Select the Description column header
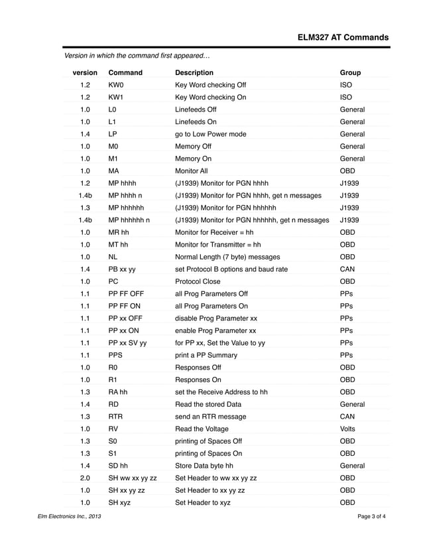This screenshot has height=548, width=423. pyautogui.click(x=194, y=72)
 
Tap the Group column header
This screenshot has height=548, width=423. pyautogui.click(x=350, y=72)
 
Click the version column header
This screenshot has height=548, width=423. pyautogui.click(x=85, y=72)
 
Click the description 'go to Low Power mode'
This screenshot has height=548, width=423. pyautogui.click(x=210, y=134)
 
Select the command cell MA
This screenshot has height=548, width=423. pyautogui.click(x=114, y=171)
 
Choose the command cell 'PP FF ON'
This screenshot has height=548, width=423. pyautogui.click(x=125, y=307)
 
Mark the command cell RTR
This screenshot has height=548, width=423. pyautogui.click(x=116, y=417)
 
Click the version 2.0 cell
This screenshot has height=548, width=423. pyautogui.click(x=85, y=478)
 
